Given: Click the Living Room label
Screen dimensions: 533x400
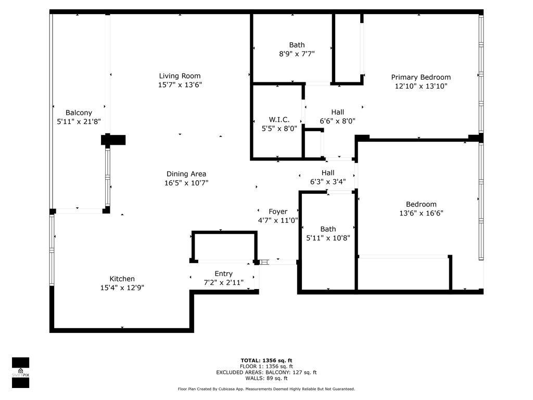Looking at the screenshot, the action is tap(180, 76).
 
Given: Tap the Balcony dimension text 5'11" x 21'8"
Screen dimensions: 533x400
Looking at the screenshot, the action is tap(79, 121).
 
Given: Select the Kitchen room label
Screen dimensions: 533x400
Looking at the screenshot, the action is tap(122, 279).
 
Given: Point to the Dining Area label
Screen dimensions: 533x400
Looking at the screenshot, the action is tap(186, 174).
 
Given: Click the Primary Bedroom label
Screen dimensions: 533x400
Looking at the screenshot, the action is tap(421, 77).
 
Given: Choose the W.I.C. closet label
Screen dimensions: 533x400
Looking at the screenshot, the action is tap(279, 119).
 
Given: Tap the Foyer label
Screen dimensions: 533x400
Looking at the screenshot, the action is tap(278, 211).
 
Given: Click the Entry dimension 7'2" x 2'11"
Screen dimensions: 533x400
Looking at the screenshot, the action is tap(224, 282).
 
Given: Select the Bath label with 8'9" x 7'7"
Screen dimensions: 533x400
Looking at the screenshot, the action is tap(297, 45).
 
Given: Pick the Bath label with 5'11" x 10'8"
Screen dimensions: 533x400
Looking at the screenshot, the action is tap(328, 229).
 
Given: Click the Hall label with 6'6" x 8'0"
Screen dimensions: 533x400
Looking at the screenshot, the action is tap(337, 112).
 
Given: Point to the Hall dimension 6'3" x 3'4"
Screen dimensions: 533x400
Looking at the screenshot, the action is tap(328, 182).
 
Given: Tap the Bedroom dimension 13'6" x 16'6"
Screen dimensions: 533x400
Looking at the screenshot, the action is tap(421, 213).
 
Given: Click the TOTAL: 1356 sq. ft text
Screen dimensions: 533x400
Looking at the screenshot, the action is tap(266, 360).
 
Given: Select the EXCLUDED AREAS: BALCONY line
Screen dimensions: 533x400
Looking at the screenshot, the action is tap(266, 372).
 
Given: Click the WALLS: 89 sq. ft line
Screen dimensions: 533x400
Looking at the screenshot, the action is tap(266, 378).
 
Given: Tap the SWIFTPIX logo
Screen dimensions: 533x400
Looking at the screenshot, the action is tap(20, 372).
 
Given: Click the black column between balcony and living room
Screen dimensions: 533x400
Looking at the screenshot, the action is tap(113, 140).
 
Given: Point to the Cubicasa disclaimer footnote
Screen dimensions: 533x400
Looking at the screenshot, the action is tap(266, 389).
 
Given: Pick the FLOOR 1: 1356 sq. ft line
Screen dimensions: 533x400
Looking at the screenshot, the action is tap(266, 366).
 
